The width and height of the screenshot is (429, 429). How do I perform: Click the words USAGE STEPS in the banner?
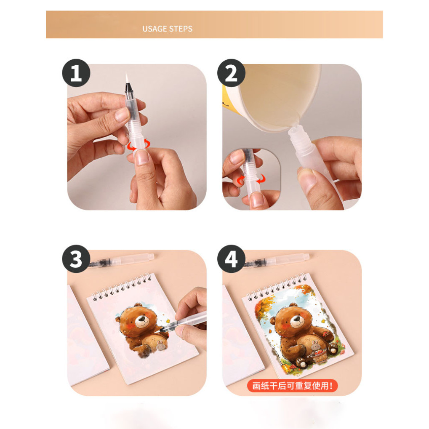tap(167, 29)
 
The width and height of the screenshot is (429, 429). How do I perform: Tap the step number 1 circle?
tap(76, 73)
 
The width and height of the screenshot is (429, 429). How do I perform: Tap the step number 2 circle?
tap(231, 73)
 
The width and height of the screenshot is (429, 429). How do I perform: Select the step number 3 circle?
tap(76, 259)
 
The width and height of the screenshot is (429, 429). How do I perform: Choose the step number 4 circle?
tap(231, 259)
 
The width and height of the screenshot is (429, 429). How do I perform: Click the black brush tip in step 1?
tap(128, 87)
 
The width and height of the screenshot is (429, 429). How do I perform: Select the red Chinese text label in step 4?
tap(292, 385)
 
